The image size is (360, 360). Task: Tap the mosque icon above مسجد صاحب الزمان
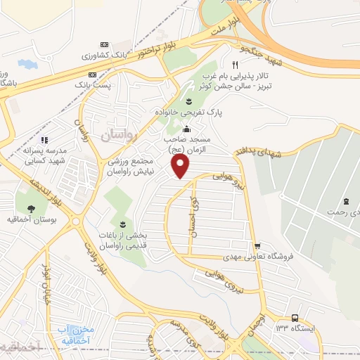[x=186, y=129]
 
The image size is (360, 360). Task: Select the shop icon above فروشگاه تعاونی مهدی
[x=259, y=245]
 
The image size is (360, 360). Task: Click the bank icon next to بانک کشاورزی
[x=105, y=44]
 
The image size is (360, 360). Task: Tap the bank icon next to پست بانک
[x=92, y=75]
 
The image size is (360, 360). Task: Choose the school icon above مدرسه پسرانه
[x=44, y=141]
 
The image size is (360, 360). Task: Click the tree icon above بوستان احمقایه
[x=31, y=207]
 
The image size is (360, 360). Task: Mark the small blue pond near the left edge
[x=28, y=64]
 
